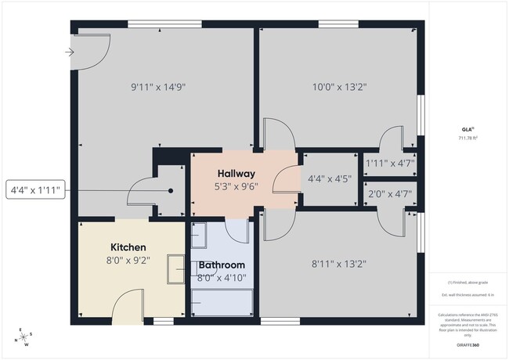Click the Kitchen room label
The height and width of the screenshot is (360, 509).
pos(128,247)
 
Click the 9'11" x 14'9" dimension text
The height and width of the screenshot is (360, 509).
pos(158,87)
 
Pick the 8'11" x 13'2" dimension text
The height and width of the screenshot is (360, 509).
pos(340,265)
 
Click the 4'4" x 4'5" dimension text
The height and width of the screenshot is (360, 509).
pos(328,179)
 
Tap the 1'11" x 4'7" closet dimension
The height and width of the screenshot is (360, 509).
pos(389,164)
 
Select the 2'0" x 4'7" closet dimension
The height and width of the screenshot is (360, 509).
pos(389,193)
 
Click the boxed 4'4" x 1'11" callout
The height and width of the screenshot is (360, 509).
pos(35,190)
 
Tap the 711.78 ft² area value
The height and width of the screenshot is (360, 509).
pos(467,138)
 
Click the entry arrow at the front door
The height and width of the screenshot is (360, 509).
pos(70,53)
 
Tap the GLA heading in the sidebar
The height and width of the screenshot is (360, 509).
pos(467,129)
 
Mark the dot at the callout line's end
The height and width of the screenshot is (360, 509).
pos(171,190)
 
